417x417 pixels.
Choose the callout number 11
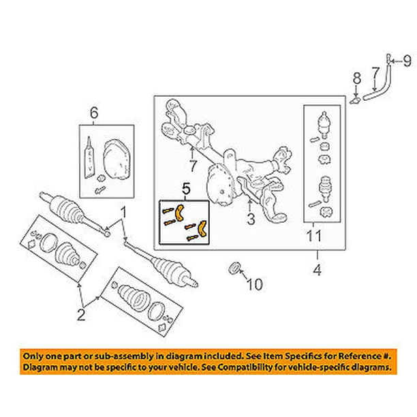[314, 238]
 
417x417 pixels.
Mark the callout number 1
[123, 212]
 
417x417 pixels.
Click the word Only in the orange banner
[33, 356]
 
